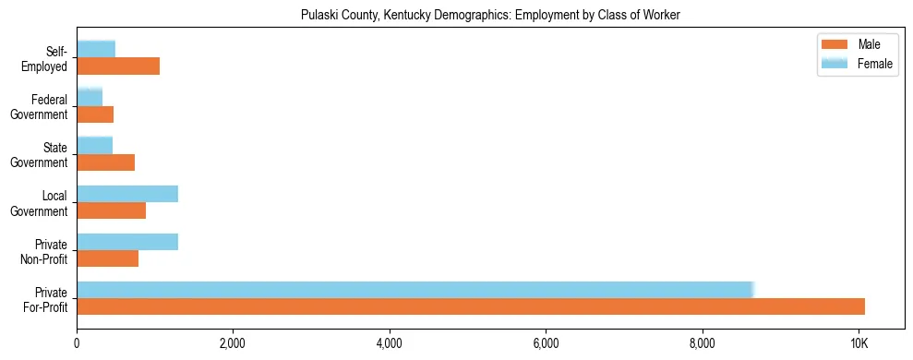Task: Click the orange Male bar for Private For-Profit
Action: [471, 306]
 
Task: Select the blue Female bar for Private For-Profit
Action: [415, 290]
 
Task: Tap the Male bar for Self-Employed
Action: [118, 66]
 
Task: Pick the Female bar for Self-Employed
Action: [96, 49]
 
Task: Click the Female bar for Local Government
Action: [127, 194]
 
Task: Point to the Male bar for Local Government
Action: [111, 210]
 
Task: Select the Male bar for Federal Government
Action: [95, 114]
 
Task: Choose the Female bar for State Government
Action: [94, 146]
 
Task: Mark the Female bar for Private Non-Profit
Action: [127, 242]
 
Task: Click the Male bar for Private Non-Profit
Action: [107, 258]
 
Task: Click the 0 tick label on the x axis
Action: [77, 344]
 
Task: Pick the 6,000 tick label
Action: [546, 344]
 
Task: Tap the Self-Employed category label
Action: [45, 58]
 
